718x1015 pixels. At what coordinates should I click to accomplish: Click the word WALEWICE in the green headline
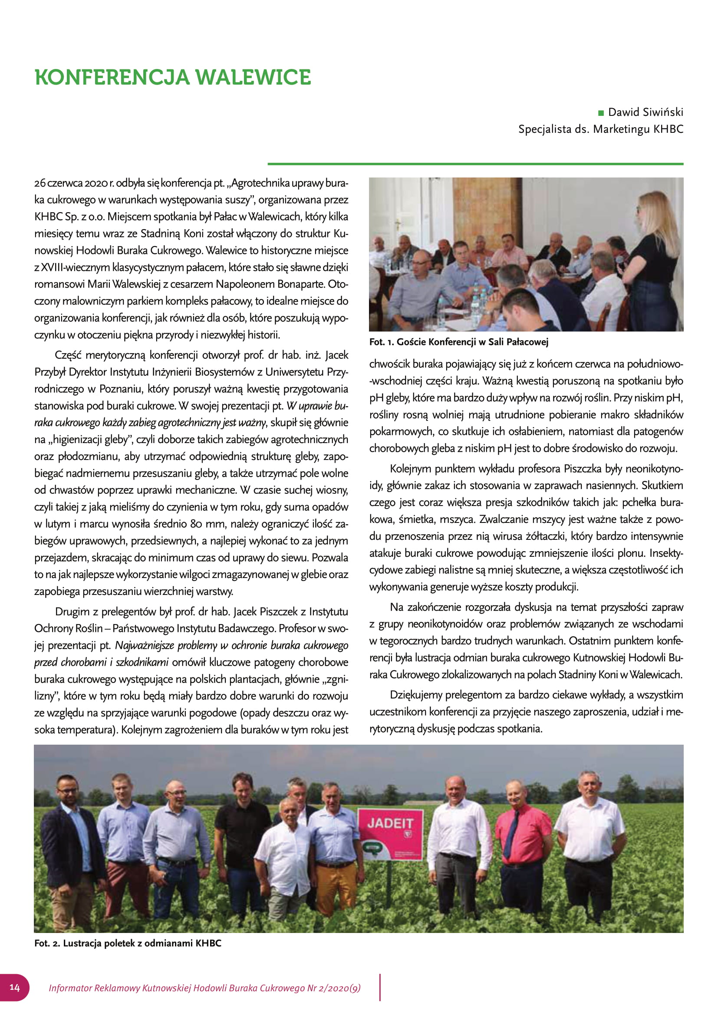pyautogui.click(x=254, y=77)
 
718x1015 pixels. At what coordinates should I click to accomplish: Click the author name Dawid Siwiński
pyautogui.click(x=646, y=112)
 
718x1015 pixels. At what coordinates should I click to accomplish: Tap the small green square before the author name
pyautogui.click(x=600, y=113)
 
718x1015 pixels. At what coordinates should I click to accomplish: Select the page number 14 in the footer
pyautogui.click(x=15, y=988)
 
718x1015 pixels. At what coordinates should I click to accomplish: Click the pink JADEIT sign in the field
pyautogui.click(x=390, y=834)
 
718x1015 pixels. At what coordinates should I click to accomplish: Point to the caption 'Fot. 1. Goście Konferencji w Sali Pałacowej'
pyautogui.click(x=458, y=342)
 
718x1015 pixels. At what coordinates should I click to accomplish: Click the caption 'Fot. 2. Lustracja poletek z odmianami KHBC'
pyautogui.click(x=128, y=943)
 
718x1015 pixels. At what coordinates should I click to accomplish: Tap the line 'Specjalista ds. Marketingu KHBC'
pyautogui.click(x=600, y=129)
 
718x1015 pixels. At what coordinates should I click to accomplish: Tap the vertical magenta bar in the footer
pyautogui.click(x=379, y=987)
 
